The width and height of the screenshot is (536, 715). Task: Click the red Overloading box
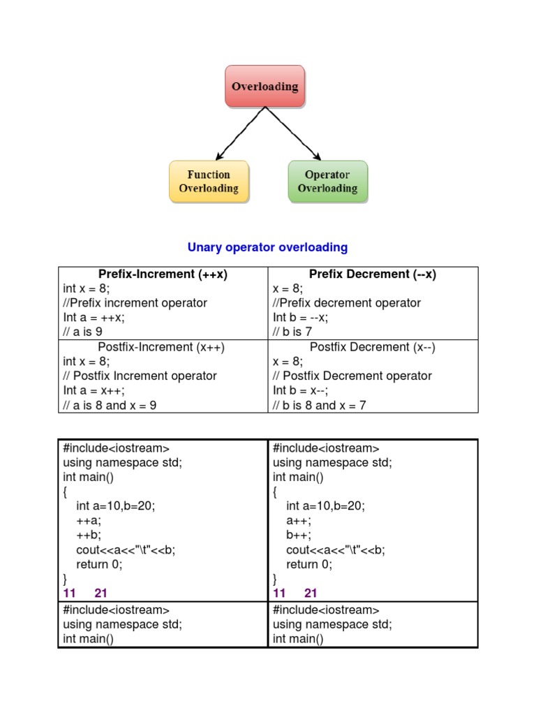[x=265, y=87]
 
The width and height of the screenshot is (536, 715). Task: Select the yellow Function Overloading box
[x=209, y=182]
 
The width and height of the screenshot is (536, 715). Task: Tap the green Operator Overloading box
[x=327, y=182]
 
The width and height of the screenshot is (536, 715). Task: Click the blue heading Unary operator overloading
[x=268, y=247]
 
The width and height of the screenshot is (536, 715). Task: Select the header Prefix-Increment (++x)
[x=163, y=274]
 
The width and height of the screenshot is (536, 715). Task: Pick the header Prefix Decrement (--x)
[x=373, y=274]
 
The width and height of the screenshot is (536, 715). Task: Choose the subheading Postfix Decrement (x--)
[x=373, y=347]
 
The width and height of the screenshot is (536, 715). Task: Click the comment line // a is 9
[x=83, y=332]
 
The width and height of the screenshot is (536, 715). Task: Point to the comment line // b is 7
[x=292, y=332]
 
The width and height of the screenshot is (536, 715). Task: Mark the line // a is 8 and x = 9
[x=110, y=406]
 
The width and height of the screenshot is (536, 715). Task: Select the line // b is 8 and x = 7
[x=320, y=406]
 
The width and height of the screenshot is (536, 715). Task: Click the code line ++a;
[x=89, y=520]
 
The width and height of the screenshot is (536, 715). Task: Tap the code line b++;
[x=299, y=535]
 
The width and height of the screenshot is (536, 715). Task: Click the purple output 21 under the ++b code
[x=101, y=594]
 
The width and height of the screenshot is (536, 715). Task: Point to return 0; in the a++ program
[x=309, y=564]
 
